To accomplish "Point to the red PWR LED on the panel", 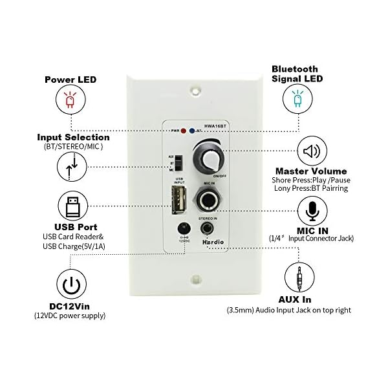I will tap(184, 130).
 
